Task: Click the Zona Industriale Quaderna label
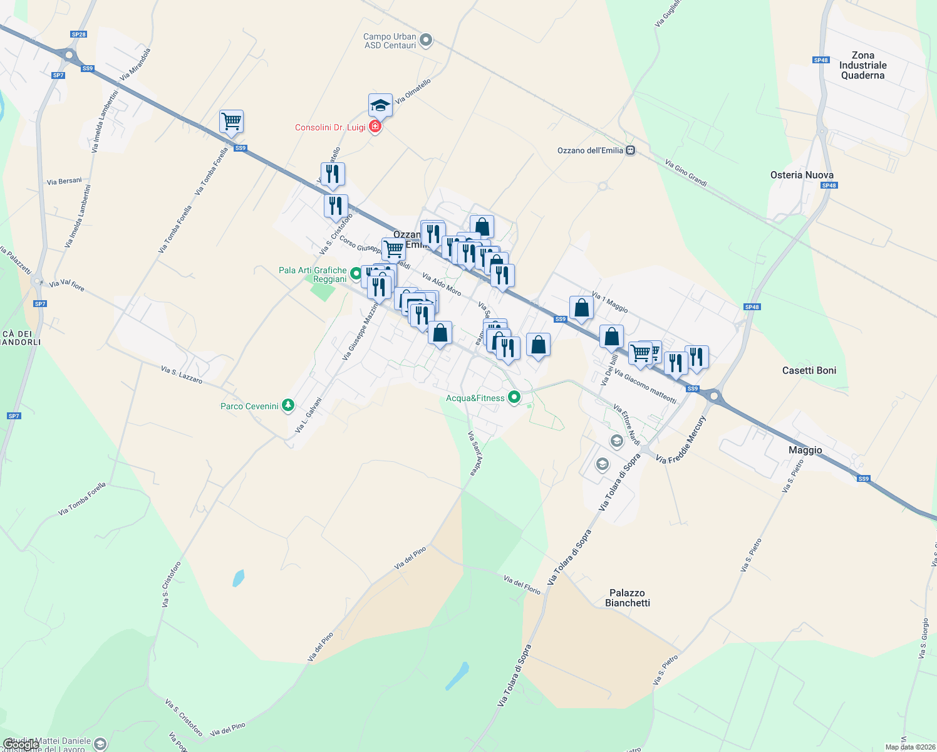[x=862, y=65]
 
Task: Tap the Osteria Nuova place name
[x=802, y=175]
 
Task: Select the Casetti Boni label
[x=809, y=370]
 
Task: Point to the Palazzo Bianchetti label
[x=628, y=598]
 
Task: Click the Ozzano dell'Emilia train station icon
[x=631, y=150]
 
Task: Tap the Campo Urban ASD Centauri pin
[x=426, y=41]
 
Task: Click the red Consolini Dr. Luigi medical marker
[x=375, y=127]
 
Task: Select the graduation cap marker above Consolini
[x=380, y=106]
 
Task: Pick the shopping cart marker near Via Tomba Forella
[x=232, y=122]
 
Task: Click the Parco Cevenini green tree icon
[x=287, y=405]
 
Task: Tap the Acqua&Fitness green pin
[x=514, y=397]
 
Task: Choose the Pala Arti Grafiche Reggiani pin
[x=356, y=273]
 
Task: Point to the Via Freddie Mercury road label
[x=681, y=439]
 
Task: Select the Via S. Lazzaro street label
[x=182, y=375]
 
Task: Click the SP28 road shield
[x=78, y=34]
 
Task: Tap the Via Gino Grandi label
[x=686, y=173]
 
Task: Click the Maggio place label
[x=805, y=450]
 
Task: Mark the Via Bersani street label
[x=65, y=181]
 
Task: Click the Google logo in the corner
[x=21, y=744]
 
